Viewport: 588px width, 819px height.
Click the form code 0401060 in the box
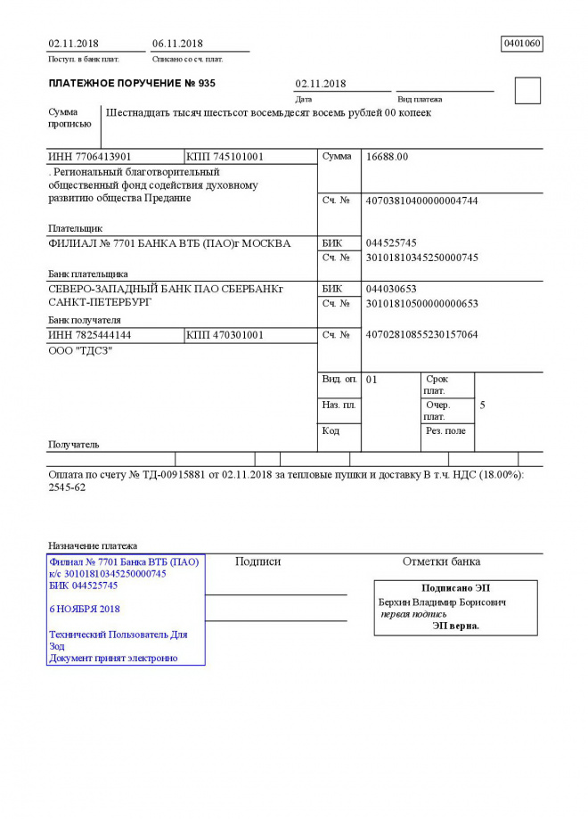(x=522, y=43)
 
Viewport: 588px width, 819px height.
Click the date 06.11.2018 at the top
(x=177, y=44)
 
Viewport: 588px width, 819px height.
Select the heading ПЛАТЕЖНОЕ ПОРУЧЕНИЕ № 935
(x=132, y=84)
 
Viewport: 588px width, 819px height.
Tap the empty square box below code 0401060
(x=527, y=90)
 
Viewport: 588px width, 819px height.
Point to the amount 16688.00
(x=387, y=157)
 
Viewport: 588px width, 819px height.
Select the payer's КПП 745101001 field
(x=225, y=157)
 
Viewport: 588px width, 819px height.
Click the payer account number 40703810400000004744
(x=421, y=201)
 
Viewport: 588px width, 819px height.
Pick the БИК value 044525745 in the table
(x=391, y=243)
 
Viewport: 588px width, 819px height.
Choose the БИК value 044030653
(x=391, y=289)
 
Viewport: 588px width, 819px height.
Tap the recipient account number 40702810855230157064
(x=421, y=335)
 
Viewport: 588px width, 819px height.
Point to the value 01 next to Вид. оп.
(x=372, y=380)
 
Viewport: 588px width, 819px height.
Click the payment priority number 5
(x=482, y=405)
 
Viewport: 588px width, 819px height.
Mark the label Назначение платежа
(x=93, y=545)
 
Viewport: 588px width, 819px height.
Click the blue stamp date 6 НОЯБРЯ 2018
(x=84, y=609)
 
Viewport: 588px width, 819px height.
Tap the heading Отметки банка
(x=441, y=561)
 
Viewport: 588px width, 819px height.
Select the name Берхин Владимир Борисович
(x=442, y=602)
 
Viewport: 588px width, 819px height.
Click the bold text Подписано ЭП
(x=455, y=588)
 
